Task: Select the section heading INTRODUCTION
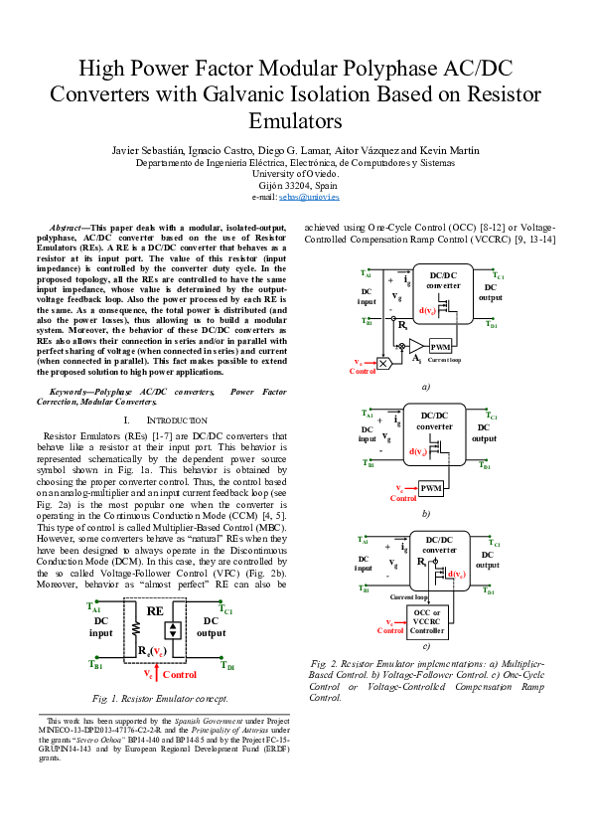(164, 420)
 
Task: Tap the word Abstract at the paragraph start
(70, 229)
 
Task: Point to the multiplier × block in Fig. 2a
(384, 364)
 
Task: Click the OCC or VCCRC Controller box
(427, 620)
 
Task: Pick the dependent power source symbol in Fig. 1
(173, 629)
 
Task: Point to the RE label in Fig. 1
(154, 610)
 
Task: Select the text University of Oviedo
(295, 173)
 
